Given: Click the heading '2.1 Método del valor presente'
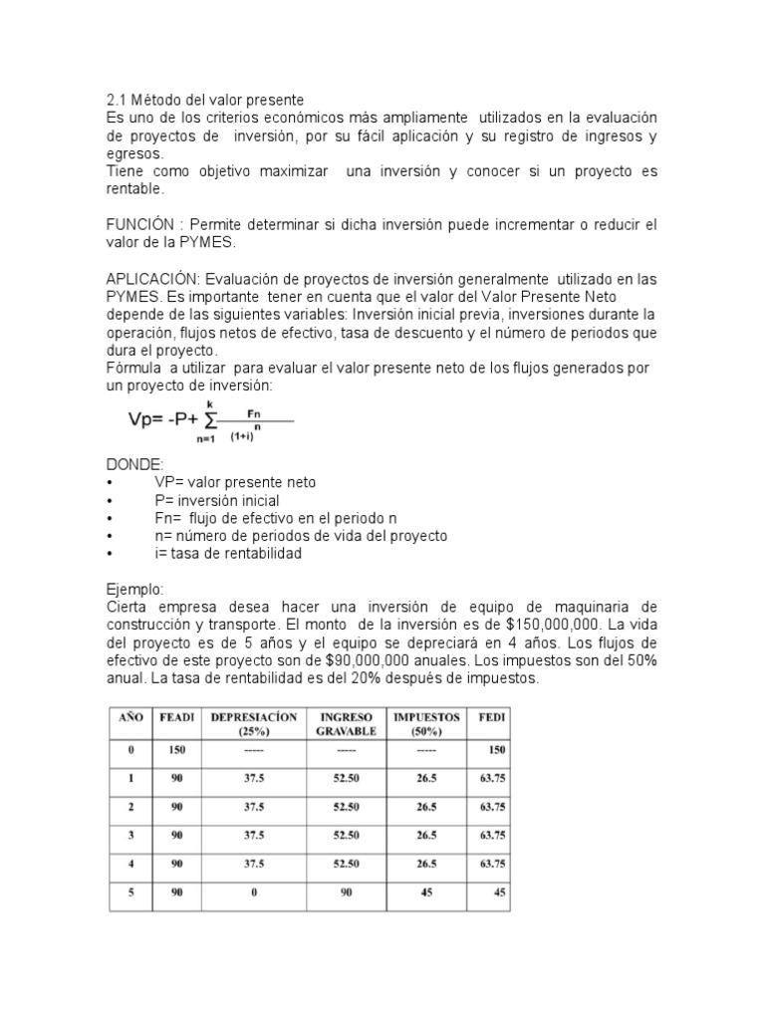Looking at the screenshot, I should tap(204, 100).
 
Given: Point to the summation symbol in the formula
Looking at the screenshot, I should tap(210, 418).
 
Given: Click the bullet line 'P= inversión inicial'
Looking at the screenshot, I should tap(217, 500).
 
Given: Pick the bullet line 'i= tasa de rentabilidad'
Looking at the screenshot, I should tap(227, 554).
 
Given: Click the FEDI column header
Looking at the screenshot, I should tap(491, 717).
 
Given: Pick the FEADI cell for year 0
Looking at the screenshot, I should tap(177, 749).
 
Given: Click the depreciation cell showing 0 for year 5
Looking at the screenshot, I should tap(254, 892).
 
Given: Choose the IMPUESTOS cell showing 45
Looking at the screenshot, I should tap(426, 892).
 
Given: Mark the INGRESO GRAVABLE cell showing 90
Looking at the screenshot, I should tap(346, 892).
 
